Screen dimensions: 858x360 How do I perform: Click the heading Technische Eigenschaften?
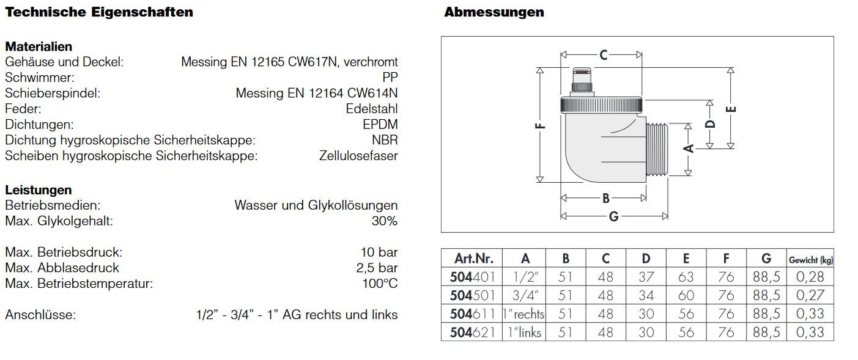(99, 12)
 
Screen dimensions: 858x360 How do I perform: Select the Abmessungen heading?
(494, 12)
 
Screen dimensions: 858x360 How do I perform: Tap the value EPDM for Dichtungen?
(380, 125)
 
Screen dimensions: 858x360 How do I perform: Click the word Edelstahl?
(372, 109)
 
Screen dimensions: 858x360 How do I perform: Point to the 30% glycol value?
(385, 221)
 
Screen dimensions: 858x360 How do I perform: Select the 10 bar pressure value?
(379, 252)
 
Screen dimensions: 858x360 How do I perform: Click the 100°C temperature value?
(380, 284)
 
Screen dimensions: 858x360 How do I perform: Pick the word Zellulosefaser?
(358, 156)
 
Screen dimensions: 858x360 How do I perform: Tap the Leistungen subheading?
(39, 190)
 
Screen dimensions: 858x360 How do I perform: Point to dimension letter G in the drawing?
(613, 216)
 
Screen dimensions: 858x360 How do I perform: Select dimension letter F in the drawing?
(540, 126)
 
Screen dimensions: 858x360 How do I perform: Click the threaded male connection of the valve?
(657, 149)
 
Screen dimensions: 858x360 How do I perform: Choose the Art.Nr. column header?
(473, 259)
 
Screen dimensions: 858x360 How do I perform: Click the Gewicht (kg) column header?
(810, 260)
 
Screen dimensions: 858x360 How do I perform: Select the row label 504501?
(472, 295)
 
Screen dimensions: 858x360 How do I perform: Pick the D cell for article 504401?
(646, 277)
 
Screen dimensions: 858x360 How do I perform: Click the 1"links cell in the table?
(524, 332)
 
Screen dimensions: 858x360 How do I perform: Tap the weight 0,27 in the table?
(810, 295)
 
